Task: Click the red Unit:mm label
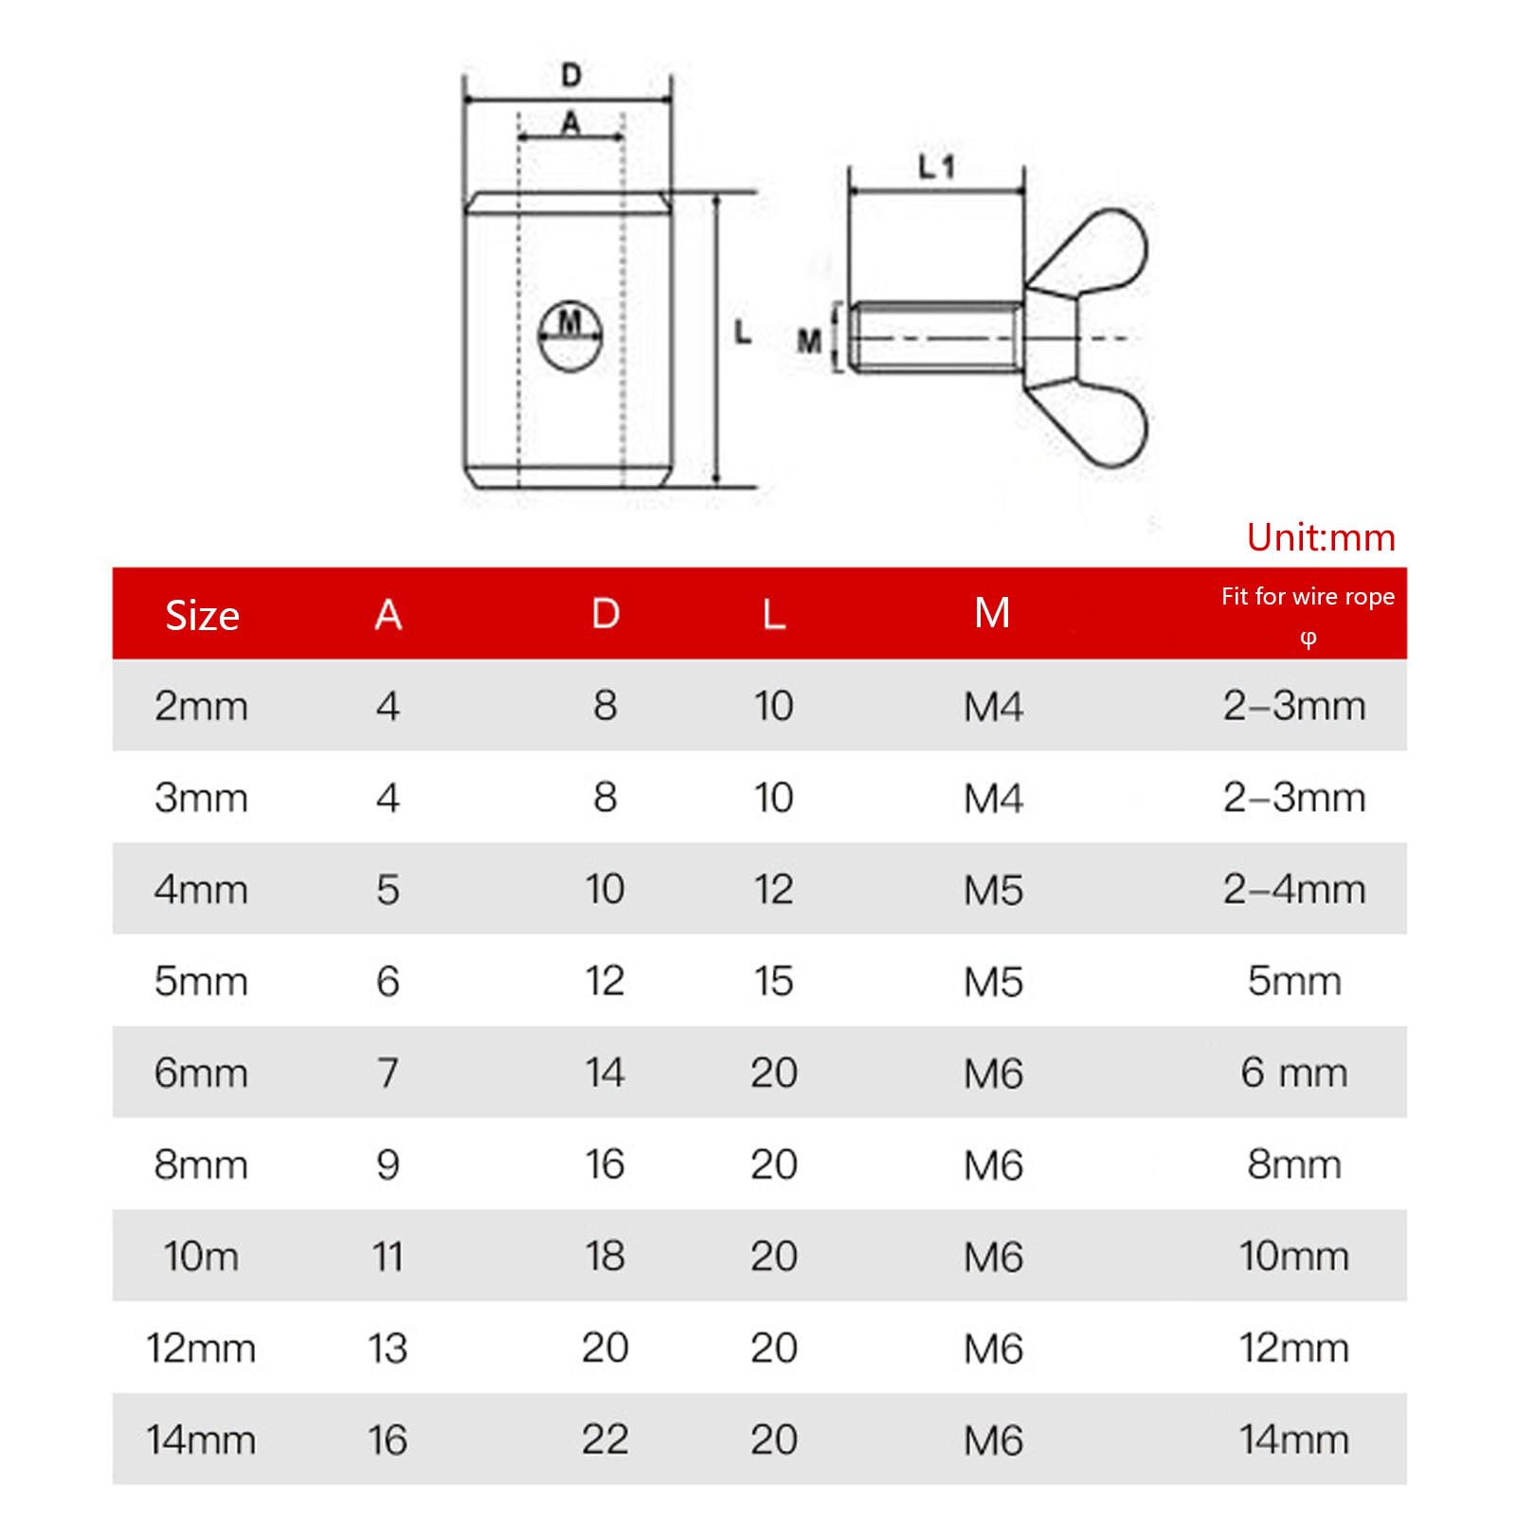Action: (1321, 537)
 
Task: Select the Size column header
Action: (202, 615)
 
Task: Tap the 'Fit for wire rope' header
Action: (1308, 596)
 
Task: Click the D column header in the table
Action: (605, 614)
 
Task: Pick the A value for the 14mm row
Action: (388, 1439)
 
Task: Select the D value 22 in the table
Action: (605, 1439)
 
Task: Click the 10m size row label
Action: (201, 1256)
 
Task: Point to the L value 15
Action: (773, 981)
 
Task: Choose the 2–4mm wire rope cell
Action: (1294, 890)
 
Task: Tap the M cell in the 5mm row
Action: (993, 982)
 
